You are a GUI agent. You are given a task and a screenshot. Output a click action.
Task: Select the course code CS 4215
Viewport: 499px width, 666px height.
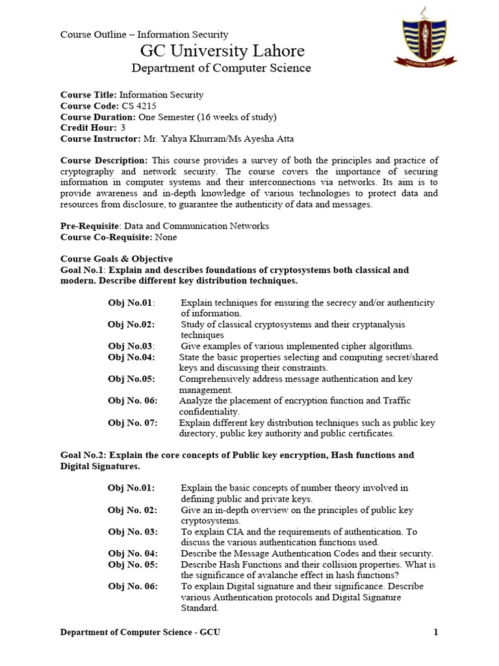[x=138, y=106]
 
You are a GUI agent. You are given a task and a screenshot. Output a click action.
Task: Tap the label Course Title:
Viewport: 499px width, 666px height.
[x=89, y=95]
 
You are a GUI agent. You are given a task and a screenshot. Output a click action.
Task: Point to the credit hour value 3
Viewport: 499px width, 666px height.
[x=123, y=128]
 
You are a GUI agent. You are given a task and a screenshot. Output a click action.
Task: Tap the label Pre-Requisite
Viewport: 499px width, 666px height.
[x=90, y=226]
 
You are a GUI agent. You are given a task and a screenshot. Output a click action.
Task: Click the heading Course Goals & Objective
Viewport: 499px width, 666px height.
[x=116, y=259]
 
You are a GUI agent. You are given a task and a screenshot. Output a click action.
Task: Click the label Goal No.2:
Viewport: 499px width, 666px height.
[x=85, y=455]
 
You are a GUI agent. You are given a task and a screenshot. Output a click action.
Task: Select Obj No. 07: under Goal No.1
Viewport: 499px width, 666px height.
[x=133, y=423]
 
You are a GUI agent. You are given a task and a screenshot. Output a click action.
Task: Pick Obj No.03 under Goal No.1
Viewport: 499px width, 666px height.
[x=131, y=346]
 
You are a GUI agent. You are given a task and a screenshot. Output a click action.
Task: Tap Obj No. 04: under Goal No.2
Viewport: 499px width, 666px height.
[x=133, y=553]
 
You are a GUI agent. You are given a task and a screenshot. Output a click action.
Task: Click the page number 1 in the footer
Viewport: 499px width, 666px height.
[x=435, y=632]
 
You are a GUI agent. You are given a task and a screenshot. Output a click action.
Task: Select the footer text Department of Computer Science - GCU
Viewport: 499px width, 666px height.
[x=140, y=632]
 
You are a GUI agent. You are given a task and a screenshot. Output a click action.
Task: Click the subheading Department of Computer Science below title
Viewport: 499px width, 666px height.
[x=221, y=68]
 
